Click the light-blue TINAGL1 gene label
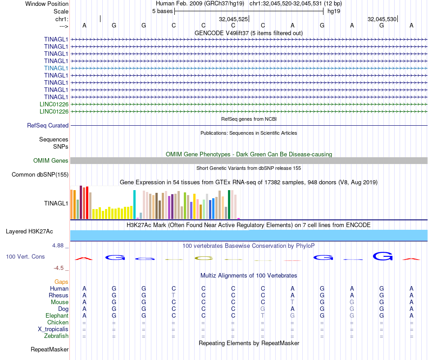(56, 68)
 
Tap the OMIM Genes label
(50, 161)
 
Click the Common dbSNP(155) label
(40, 175)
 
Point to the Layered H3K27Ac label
(29, 232)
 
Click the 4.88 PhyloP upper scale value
(59, 246)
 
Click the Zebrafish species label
(56, 336)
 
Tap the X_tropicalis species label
(53, 329)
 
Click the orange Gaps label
(61, 282)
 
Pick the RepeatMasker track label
(50, 349)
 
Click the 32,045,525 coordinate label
(233, 19)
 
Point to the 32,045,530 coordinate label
(382, 19)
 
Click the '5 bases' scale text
(162, 11)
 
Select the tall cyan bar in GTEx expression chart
(134, 204)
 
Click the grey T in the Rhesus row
(173, 295)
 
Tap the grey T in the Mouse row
(292, 302)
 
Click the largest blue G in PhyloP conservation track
(382, 256)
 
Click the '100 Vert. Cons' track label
(25, 256)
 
